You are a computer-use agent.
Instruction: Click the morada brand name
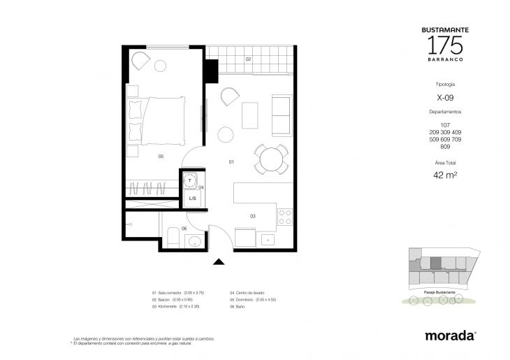point(451,336)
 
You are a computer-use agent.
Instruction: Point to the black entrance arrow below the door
point(219,262)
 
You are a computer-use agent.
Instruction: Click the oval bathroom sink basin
point(195,242)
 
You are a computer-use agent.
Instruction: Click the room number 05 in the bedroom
point(161,157)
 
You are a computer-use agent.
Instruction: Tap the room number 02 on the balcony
point(248,59)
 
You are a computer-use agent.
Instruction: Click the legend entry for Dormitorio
point(252,299)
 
